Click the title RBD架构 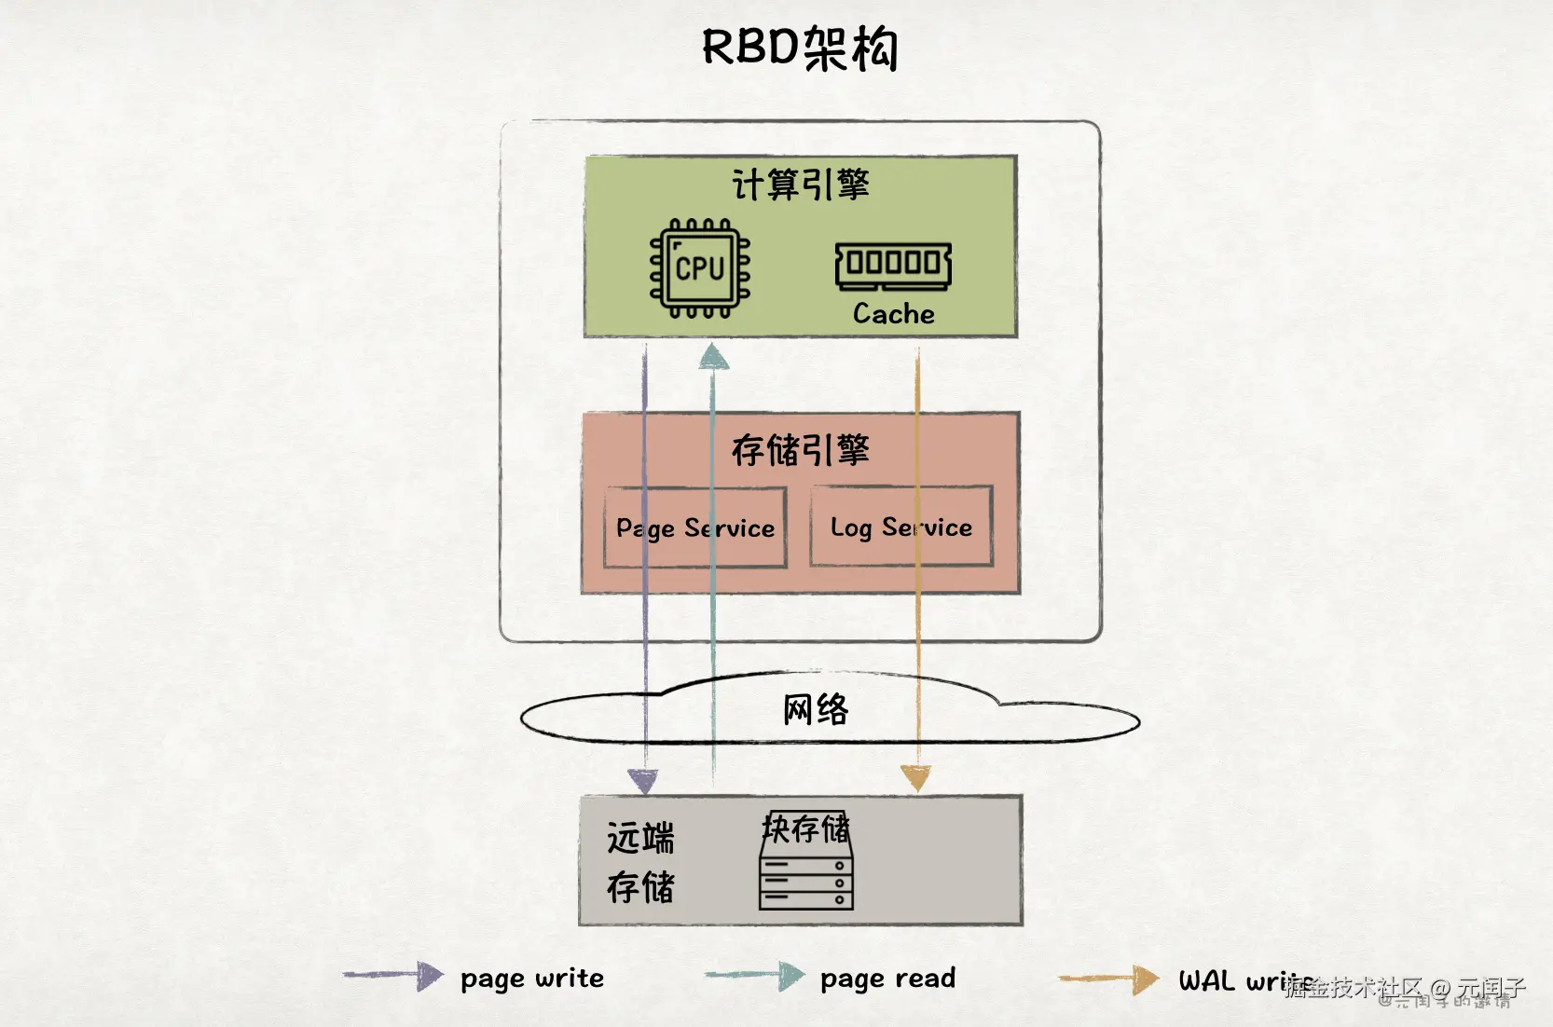click(x=800, y=48)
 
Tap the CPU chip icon click(x=700, y=268)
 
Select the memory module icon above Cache click(x=893, y=266)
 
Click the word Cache click(x=893, y=314)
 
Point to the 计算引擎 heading click(x=800, y=185)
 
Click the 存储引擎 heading click(x=800, y=450)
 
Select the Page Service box click(x=695, y=527)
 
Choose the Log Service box click(x=900, y=527)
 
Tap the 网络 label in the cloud click(x=816, y=710)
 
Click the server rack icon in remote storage click(x=806, y=876)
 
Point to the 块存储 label click(x=805, y=828)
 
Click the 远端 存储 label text click(x=640, y=862)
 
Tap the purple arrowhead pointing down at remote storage click(x=642, y=781)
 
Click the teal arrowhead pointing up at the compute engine click(x=713, y=357)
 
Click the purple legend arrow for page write click(x=393, y=976)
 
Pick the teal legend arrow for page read click(x=755, y=976)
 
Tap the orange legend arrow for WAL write click(x=1109, y=979)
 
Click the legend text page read click(x=887, y=979)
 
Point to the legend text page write click(x=531, y=979)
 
